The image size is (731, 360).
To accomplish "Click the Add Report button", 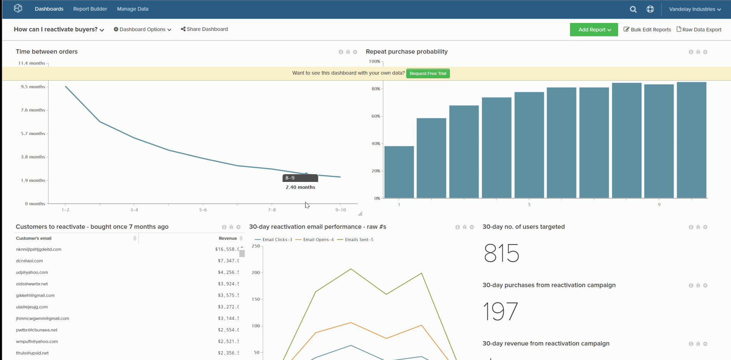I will (594, 30).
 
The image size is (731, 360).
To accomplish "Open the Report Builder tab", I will (90, 9).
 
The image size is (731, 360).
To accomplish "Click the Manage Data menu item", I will (132, 9).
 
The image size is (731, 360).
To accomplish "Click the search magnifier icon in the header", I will (633, 9).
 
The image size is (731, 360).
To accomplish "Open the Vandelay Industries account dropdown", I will (695, 9).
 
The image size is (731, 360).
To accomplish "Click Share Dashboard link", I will (204, 29).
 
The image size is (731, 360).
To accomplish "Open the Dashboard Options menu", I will (142, 30).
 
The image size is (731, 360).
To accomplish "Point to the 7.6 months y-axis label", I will (33, 110).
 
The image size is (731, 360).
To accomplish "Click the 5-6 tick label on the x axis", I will (203, 210).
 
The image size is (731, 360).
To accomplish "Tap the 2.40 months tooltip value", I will (300, 187).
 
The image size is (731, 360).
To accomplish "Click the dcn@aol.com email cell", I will (30, 261).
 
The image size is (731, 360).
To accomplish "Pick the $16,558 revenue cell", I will (227, 249).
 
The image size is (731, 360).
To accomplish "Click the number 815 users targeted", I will (501, 253).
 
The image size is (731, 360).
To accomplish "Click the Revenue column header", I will (228, 238).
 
